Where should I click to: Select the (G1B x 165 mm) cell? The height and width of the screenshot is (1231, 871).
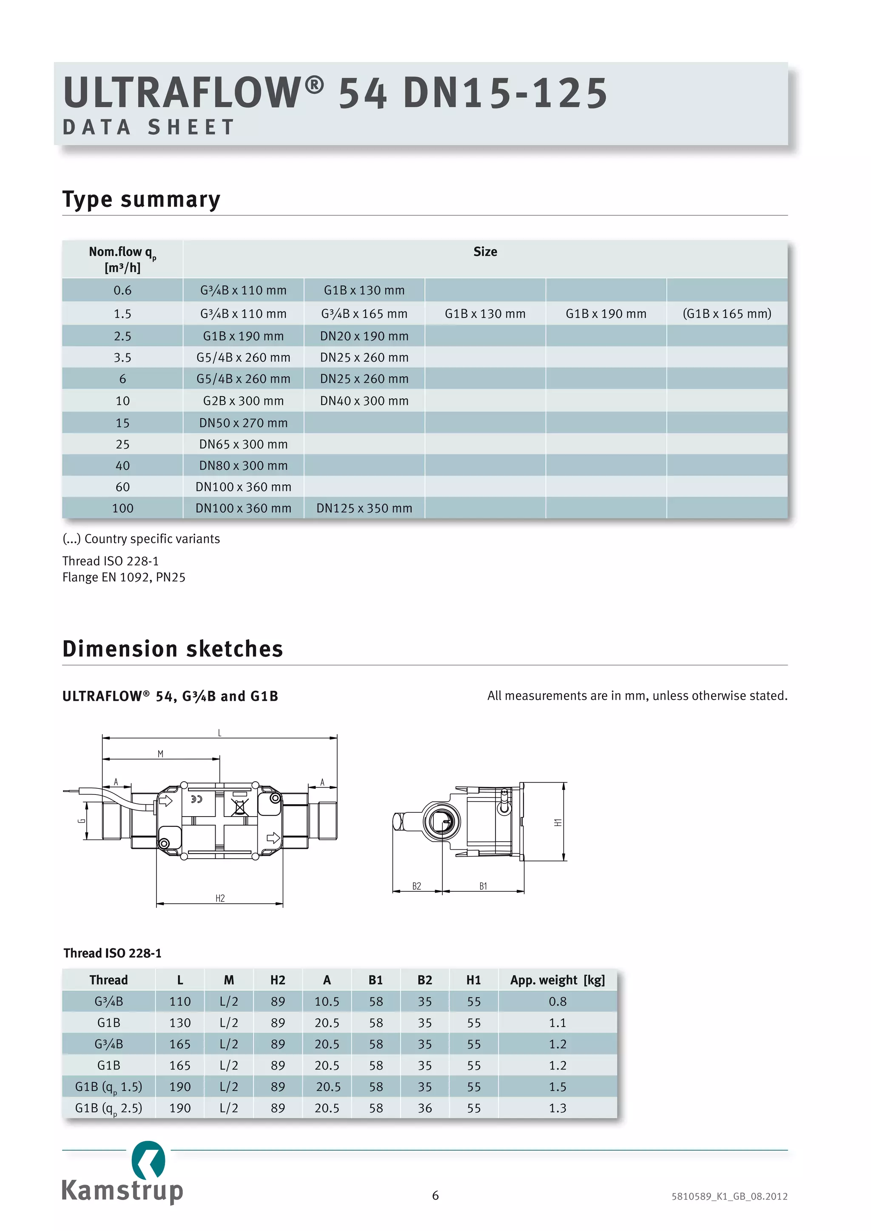727,314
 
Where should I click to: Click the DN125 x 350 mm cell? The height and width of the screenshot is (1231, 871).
364,508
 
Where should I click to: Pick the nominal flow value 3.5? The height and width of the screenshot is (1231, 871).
122,357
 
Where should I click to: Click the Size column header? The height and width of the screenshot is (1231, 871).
485,252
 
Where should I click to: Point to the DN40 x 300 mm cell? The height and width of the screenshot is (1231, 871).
364,401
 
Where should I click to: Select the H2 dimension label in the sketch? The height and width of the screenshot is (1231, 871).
220,898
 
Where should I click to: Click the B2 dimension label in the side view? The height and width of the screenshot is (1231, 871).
417,886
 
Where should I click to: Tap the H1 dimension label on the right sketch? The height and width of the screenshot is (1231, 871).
558,823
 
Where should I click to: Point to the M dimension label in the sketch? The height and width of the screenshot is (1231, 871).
160,754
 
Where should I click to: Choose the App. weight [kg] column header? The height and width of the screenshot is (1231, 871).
557,980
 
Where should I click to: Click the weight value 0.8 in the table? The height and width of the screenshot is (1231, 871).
557,1001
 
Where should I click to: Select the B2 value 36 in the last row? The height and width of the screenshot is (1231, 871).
425,1108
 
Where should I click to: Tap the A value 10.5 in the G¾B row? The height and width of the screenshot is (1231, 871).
327,1001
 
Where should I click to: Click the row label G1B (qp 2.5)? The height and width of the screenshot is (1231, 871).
109,1108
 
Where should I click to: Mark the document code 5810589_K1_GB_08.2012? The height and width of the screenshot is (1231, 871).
729,1196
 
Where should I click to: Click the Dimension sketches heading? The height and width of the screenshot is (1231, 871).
173,649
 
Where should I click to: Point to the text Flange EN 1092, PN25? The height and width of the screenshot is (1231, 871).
124,577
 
